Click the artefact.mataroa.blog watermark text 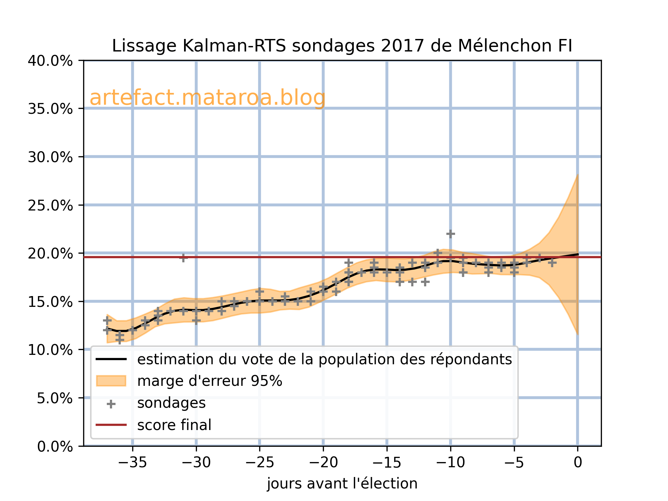tap(207, 98)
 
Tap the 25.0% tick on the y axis tap(50, 205)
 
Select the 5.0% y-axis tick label tap(55, 398)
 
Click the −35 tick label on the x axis tap(132, 463)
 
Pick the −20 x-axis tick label tap(323, 463)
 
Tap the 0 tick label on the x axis tap(578, 463)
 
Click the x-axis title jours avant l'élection tap(342, 484)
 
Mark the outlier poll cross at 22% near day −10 tap(451, 234)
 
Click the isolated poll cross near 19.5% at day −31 tap(183, 258)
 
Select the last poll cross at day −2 tap(552, 263)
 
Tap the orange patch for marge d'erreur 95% tap(111, 381)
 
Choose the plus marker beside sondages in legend tap(111, 404)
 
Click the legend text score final tap(174, 425)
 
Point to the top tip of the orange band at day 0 tap(578, 175)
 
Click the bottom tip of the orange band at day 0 tap(578, 334)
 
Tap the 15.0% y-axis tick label tap(50, 302)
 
